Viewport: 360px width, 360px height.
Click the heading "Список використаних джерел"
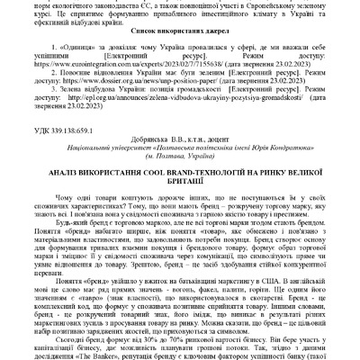pyautogui.click(x=180, y=55)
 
